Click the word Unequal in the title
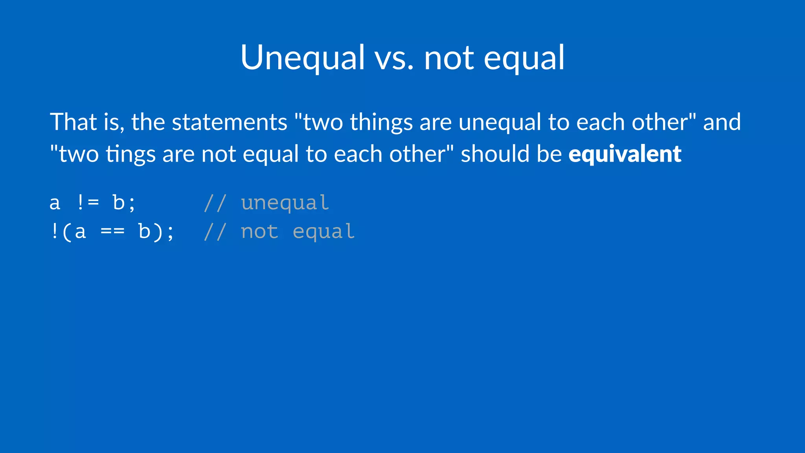pyautogui.click(x=303, y=58)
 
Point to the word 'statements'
pyautogui.click(x=230, y=122)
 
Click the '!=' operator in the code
pyautogui.click(x=88, y=203)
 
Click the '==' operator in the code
pyautogui.click(x=112, y=232)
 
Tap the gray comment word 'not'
pyautogui.click(x=259, y=232)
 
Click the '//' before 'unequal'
pyautogui.click(x=215, y=203)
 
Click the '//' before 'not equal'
pyautogui.click(x=215, y=232)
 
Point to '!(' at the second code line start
pyautogui.click(x=61, y=232)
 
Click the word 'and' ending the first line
pyautogui.click(x=722, y=122)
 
